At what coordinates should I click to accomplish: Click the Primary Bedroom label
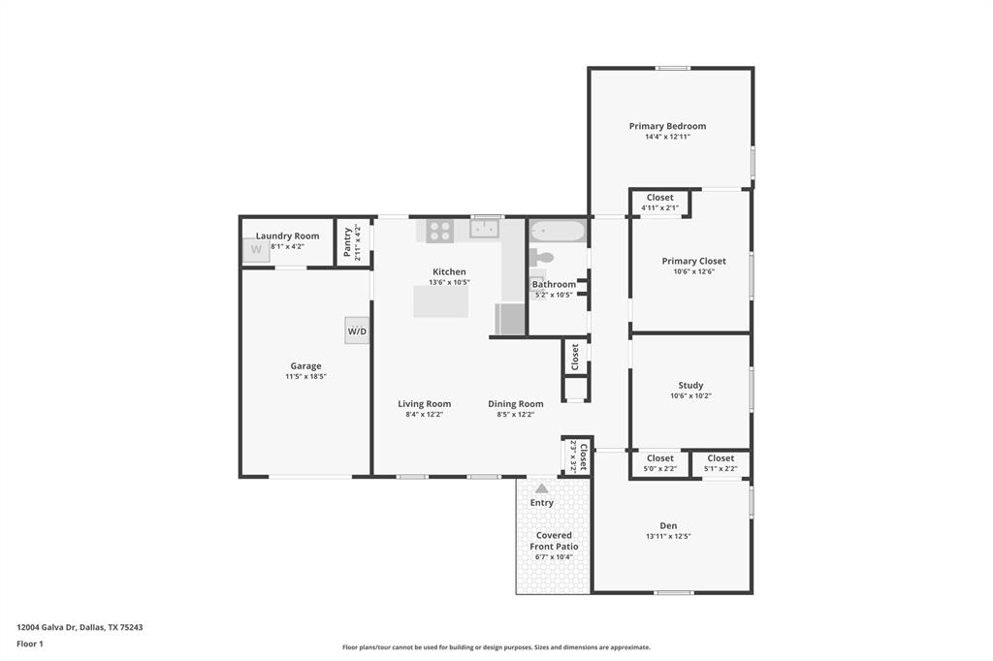click(667, 126)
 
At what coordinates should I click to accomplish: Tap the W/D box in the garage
click(357, 331)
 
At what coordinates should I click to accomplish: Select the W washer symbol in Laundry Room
click(256, 250)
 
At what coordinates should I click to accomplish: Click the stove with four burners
click(439, 231)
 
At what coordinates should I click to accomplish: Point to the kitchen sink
click(483, 229)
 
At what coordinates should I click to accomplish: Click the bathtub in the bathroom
click(558, 232)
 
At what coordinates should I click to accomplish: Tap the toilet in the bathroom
click(542, 258)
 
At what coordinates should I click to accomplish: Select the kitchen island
click(440, 301)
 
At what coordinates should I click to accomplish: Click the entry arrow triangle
click(541, 488)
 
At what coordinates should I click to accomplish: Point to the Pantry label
click(348, 238)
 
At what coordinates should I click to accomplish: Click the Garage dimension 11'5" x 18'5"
click(305, 376)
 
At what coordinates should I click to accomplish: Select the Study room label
click(690, 385)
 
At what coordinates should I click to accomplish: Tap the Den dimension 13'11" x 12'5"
click(668, 536)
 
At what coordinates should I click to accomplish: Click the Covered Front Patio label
click(554, 541)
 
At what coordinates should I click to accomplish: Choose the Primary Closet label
click(693, 261)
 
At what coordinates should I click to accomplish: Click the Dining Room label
click(515, 404)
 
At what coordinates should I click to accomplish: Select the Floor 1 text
click(30, 644)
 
